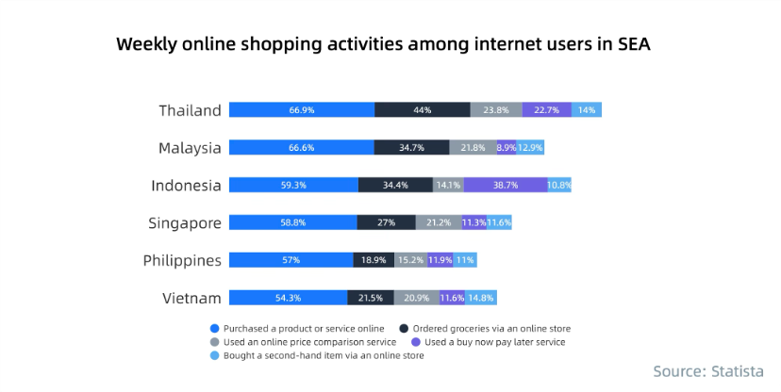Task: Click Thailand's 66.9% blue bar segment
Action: click(x=302, y=109)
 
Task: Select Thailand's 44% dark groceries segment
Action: click(x=422, y=109)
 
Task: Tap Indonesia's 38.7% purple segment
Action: click(x=505, y=185)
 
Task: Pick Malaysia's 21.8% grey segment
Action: click(x=473, y=147)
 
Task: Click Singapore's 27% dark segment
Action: click(x=386, y=222)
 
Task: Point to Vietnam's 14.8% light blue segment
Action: click(x=481, y=298)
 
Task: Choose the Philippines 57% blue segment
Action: click(x=291, y=260)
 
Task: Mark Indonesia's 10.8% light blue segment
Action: click(x=559, y=185)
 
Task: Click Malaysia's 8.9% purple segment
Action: click(x=506, y=147)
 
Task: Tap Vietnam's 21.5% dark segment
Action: click(x=371, y=298)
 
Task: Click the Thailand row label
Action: click(x=190, y=110)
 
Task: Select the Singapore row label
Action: click(x=185, y=223)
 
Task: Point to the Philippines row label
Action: click(x=182, y=261)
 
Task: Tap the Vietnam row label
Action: click(x=191, y=299)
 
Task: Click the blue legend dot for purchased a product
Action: click(x=214, y=328)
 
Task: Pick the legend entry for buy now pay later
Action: click(x=494, y=342)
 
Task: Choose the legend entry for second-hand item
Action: click(x=322, y=355)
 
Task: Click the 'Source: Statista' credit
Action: click(x=707, y=371)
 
